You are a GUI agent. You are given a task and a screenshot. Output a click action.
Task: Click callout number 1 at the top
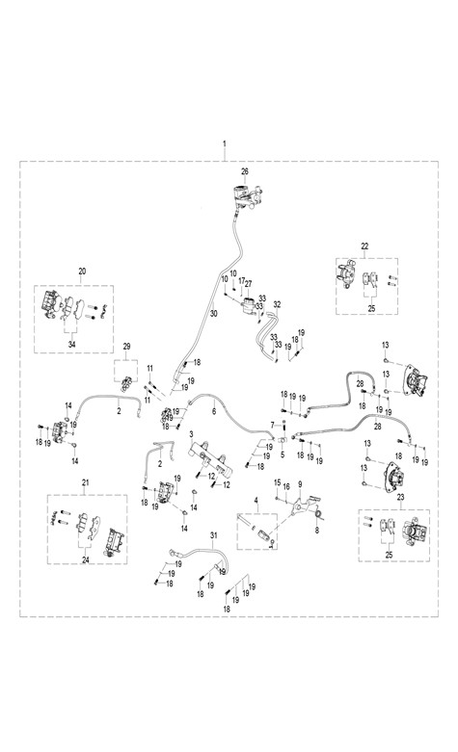click(x=225, y=143)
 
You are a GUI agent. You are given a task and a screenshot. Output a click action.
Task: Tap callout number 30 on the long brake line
click(x=214, y=314)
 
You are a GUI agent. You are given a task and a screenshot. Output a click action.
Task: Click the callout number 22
click(x=364, y=246)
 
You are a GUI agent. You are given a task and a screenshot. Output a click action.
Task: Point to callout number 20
click(x=82, y=272)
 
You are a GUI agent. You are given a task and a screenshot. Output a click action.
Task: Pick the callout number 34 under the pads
click(x=71, y=345)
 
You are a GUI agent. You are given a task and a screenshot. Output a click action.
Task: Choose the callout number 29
click(x=126, y=347)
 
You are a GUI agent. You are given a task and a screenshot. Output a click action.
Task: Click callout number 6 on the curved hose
click(x=214, y=411)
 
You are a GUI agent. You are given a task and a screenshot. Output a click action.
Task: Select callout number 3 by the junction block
click(x=191, y=434)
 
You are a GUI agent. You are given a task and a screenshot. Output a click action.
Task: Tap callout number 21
click(x=86, y=482)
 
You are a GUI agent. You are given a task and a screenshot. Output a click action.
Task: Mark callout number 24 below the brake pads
click(x=86, y=559)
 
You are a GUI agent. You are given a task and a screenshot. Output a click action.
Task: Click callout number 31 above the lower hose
click(x=214, y=534)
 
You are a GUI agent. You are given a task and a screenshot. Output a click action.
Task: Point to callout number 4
click(x=256, y=501)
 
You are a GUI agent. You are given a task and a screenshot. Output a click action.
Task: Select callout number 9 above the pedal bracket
click(x=300, y=484)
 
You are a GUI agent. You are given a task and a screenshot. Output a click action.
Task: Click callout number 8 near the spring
click(x=317, y=531)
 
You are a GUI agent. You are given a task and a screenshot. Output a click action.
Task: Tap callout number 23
click(x=401, y=498)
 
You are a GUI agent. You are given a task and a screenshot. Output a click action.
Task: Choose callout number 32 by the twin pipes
click(x=277, y=304)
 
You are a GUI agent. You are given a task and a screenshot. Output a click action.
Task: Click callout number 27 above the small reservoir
click(x=248, y=284)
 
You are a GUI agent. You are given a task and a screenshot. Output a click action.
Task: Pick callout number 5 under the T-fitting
click(x=283, y=454)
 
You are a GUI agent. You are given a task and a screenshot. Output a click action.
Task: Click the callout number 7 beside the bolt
click(x=272, y=425)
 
